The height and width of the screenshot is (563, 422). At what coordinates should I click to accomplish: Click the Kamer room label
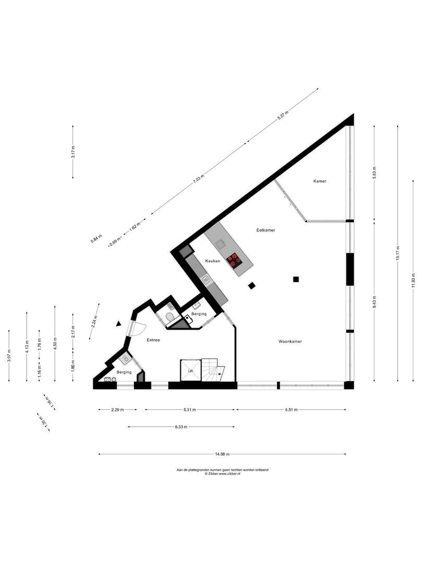(320, 181)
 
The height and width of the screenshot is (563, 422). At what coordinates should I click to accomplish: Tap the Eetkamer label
(266, 230)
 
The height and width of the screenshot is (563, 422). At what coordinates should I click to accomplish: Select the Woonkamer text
(290, 342)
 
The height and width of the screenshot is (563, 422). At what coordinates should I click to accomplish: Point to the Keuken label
(213, 261)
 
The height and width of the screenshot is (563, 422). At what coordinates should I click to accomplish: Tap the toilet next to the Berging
(170, 317)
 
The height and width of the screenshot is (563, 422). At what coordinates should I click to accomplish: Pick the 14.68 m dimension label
(222, 454)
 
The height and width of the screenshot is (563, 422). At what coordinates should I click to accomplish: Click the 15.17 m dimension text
(398, 253)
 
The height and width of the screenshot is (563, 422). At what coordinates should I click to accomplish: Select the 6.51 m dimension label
(291, 410)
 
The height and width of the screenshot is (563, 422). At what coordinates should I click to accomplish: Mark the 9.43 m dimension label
(375, 303)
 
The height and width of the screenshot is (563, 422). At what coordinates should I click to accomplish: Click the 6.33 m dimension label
(182, 427)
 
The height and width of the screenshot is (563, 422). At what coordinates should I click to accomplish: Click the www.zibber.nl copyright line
(222, 474)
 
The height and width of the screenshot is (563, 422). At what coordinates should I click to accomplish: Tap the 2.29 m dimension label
(117, 410)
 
